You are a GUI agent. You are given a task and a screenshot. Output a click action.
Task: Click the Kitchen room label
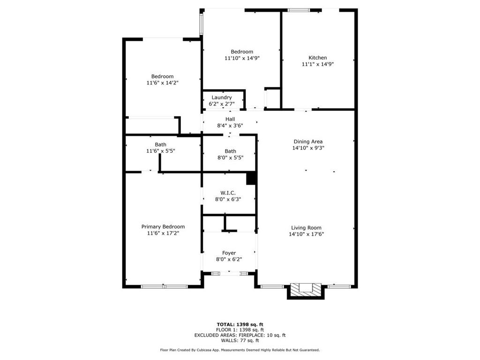coord(317,58)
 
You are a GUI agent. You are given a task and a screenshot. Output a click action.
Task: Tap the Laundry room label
coord(221,97)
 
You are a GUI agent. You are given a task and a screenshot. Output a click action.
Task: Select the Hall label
coord(230,119)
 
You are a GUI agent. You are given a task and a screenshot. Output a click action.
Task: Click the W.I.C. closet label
coord(228,193)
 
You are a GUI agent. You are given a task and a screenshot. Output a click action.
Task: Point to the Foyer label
coord(229,253)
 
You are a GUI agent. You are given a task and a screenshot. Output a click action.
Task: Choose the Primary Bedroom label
coord(163,226)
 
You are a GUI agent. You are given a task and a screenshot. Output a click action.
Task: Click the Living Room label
coord(306,228)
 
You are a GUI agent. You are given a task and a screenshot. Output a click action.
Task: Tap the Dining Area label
coord(308,141)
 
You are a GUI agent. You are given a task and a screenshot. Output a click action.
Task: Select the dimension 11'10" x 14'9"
coord(242,58)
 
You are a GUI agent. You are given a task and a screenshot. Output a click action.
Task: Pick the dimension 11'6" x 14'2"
coord(162,82)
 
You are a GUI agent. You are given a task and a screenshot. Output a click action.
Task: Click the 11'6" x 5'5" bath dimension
coord(160,151)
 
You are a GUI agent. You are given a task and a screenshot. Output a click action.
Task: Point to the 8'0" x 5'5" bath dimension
coord(230,157)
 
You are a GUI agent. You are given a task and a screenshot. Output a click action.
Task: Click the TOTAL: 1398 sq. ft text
coord(240,324)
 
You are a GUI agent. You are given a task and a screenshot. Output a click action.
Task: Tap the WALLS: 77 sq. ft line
coord(240,340)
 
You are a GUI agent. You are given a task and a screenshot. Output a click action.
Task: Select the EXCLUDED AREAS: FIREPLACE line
coord(240,335)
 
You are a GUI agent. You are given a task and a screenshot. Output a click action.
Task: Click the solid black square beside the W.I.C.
coord(251,179)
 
